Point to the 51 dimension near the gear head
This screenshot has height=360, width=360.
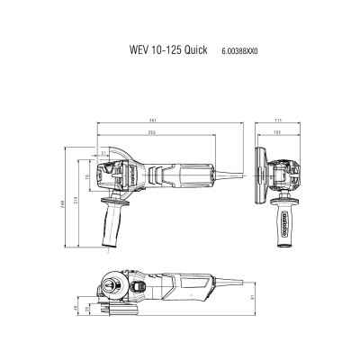click(104, 154)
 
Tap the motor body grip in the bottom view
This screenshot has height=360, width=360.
click(193, 290)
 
